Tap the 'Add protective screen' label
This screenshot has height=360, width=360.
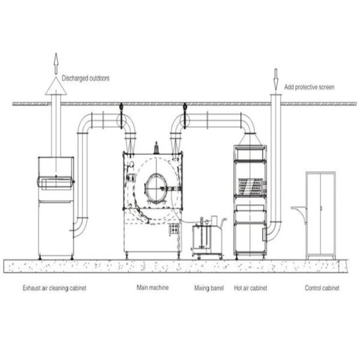coord(308,88)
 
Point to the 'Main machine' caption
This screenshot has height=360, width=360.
coord(153,288)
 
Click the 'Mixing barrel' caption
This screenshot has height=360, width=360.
coord(209,288)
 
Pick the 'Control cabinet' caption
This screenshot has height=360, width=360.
coord(322,288)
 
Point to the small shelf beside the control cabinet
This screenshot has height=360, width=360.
coord(298,209)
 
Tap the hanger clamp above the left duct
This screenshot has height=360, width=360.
coord(121,108)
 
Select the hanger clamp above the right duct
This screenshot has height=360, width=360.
coord(185,108)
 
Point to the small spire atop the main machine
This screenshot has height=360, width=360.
coord(155,146)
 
